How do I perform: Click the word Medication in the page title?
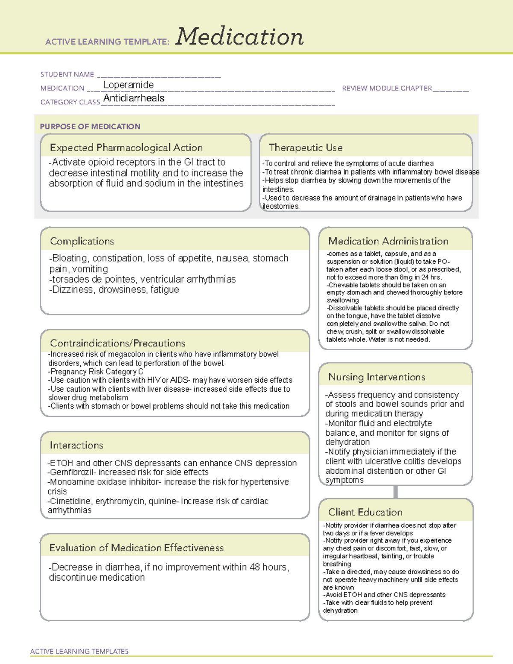coord(239,37)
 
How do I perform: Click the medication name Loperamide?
coord(128,85)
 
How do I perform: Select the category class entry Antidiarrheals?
coord(134,98)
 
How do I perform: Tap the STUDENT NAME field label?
coord(67,74)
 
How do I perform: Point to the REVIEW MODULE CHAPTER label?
coord(387,89)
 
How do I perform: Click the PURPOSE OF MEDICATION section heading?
coord(90,127)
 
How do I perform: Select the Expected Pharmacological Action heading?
coord(126,148)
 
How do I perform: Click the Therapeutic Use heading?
coord(306,148)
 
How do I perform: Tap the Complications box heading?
coord(82,241)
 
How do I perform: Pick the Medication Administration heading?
coord(388,241)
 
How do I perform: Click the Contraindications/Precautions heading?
coord(118,343)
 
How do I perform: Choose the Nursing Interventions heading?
coord(377,377)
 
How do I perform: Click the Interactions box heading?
coord(77,446)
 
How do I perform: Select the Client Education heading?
coord(365,512)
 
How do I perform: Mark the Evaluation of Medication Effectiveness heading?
coord(136,548)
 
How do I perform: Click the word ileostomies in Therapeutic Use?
coord(281,207)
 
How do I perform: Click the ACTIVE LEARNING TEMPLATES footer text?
coord(80,651)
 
